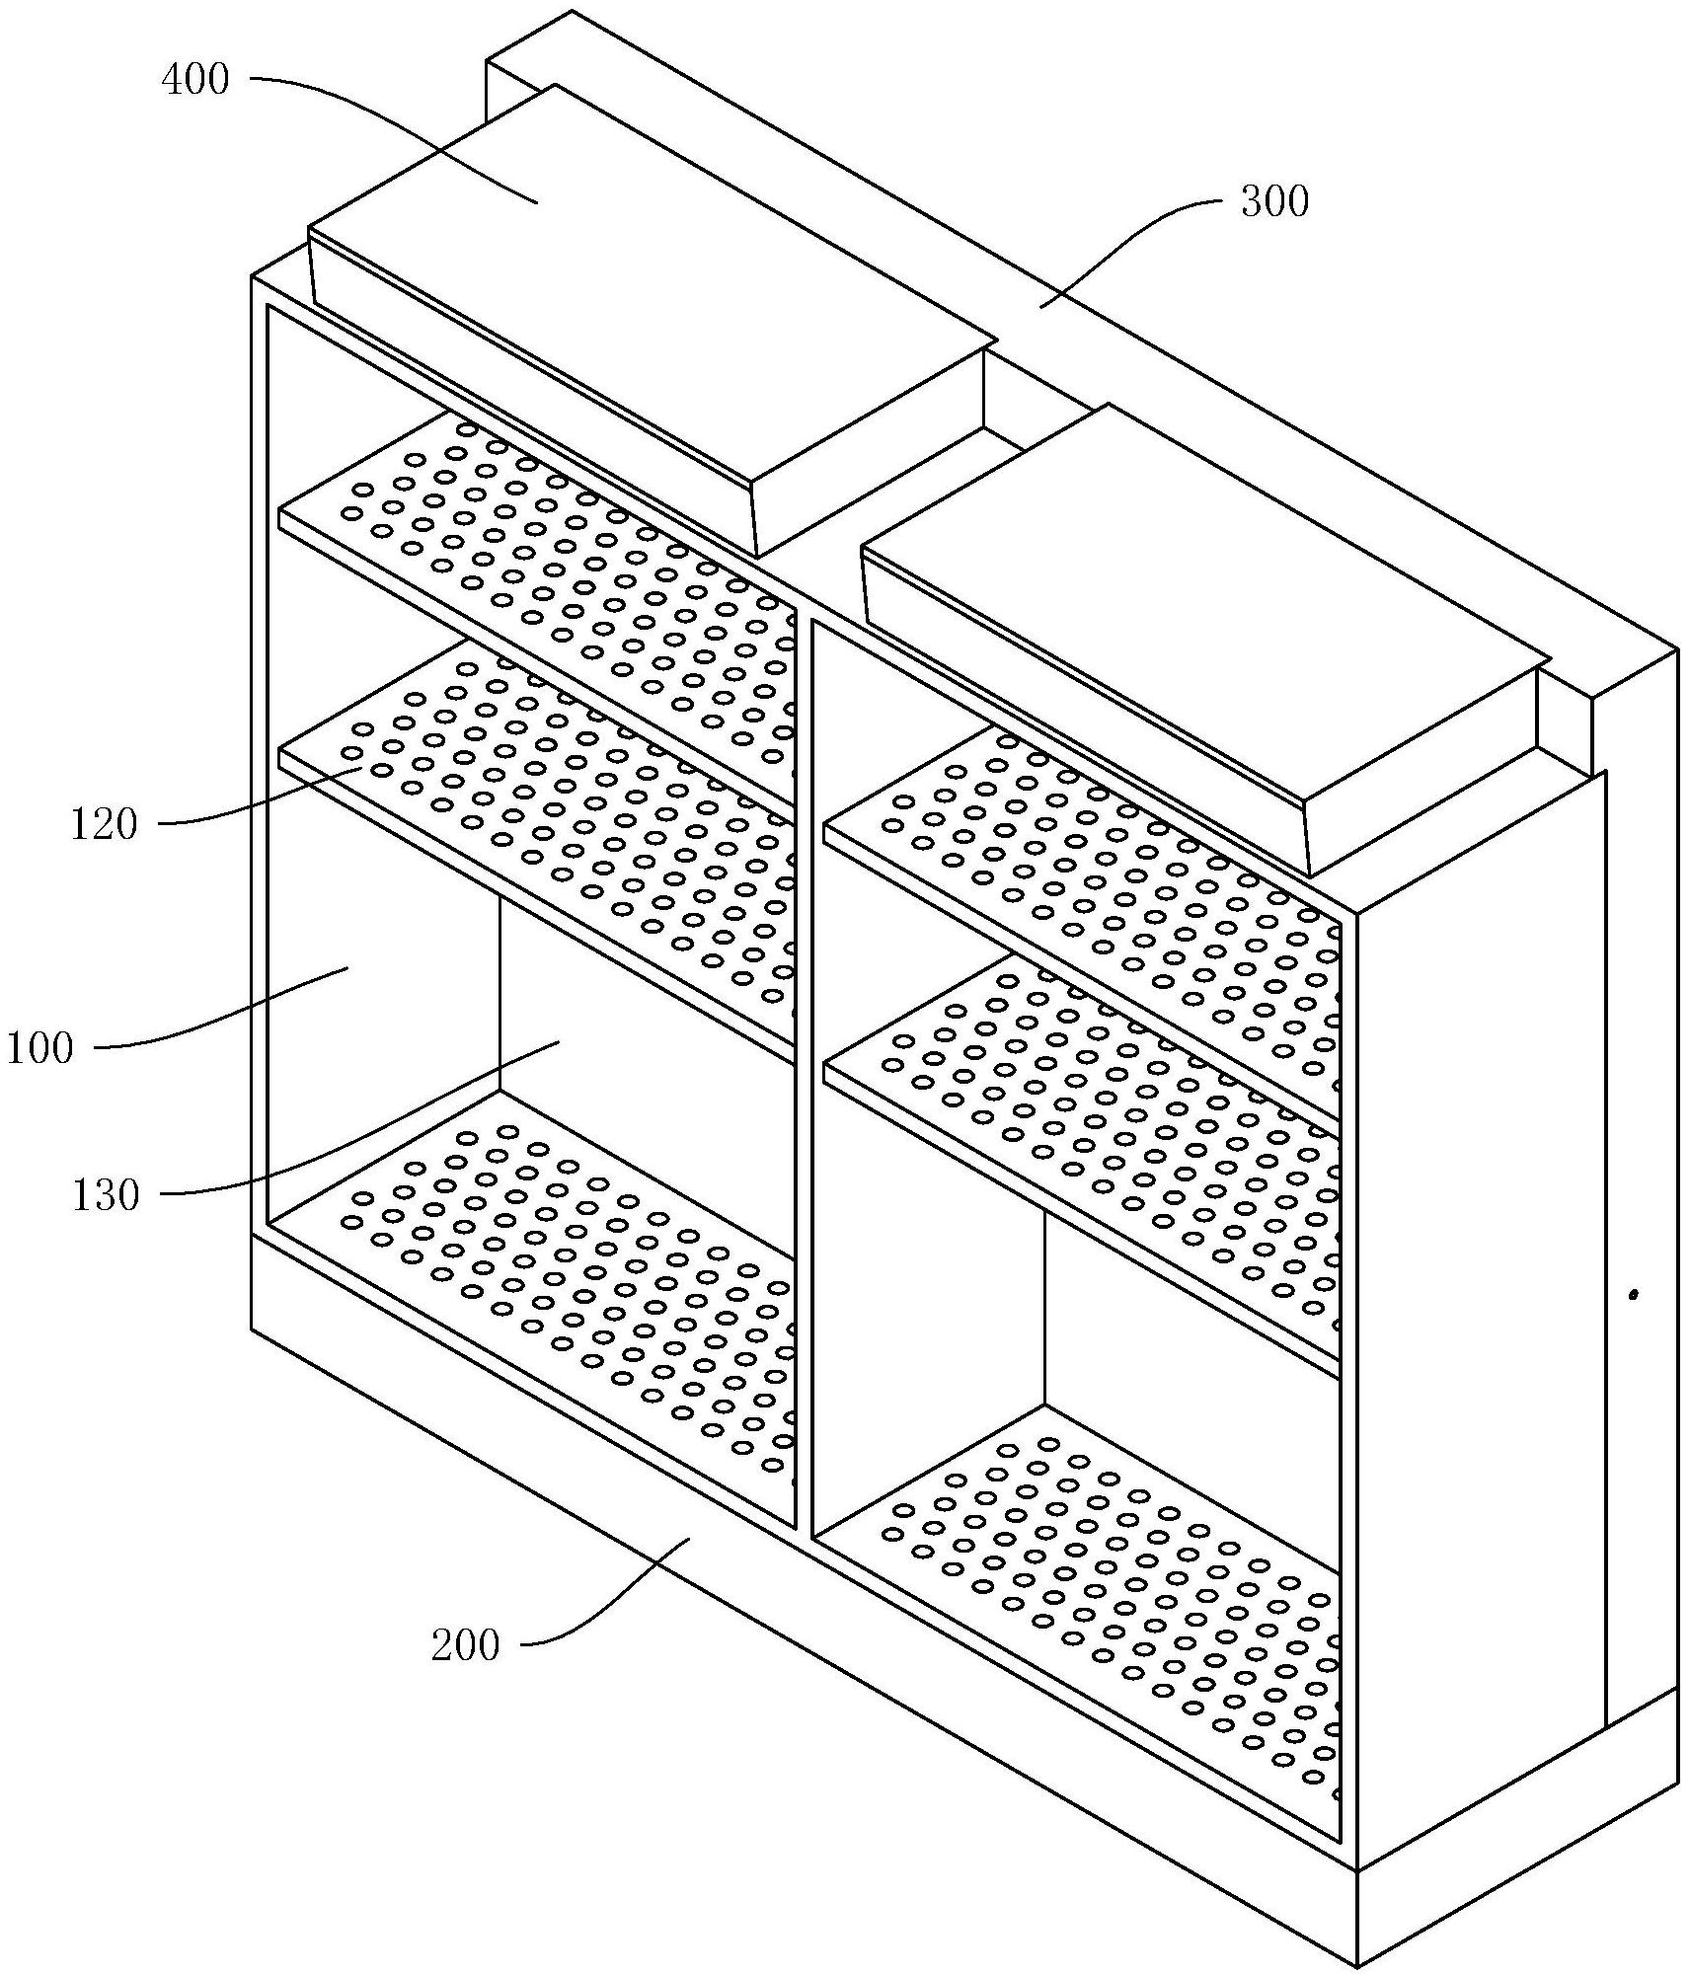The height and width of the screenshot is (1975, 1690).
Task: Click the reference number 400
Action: pos(195,80)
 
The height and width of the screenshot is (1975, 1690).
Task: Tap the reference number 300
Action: pos(1274,202)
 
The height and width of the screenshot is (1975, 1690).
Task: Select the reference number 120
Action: pos(104,823)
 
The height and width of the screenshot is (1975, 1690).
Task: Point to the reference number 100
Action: pos(40,1047)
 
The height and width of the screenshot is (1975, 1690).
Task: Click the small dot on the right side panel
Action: pos(1633,1293)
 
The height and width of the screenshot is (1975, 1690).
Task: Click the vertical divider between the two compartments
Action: pos(804,1086)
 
